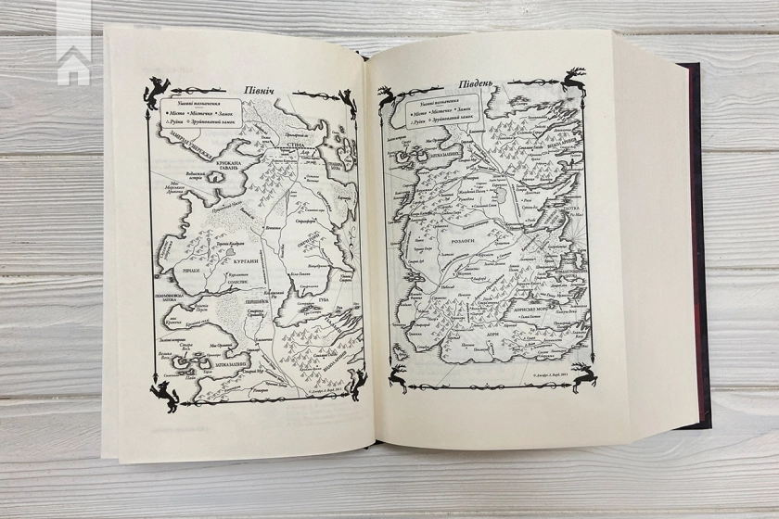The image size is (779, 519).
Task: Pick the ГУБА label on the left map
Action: (x=307, y=299)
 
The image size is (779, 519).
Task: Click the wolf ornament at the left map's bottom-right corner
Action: (x=352, y=382)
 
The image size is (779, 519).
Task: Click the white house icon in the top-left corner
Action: (x=74, y=65)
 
